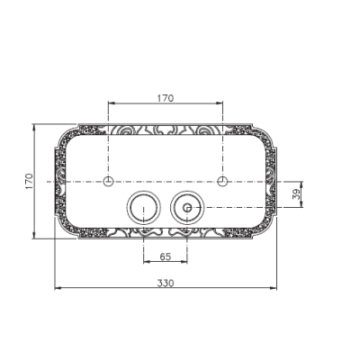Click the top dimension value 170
[166, 98]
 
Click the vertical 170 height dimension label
[29, 181]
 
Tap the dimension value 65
[166, 256]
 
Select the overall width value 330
[166, 283]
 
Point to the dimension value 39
[296, 194]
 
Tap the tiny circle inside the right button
[187, 207]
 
